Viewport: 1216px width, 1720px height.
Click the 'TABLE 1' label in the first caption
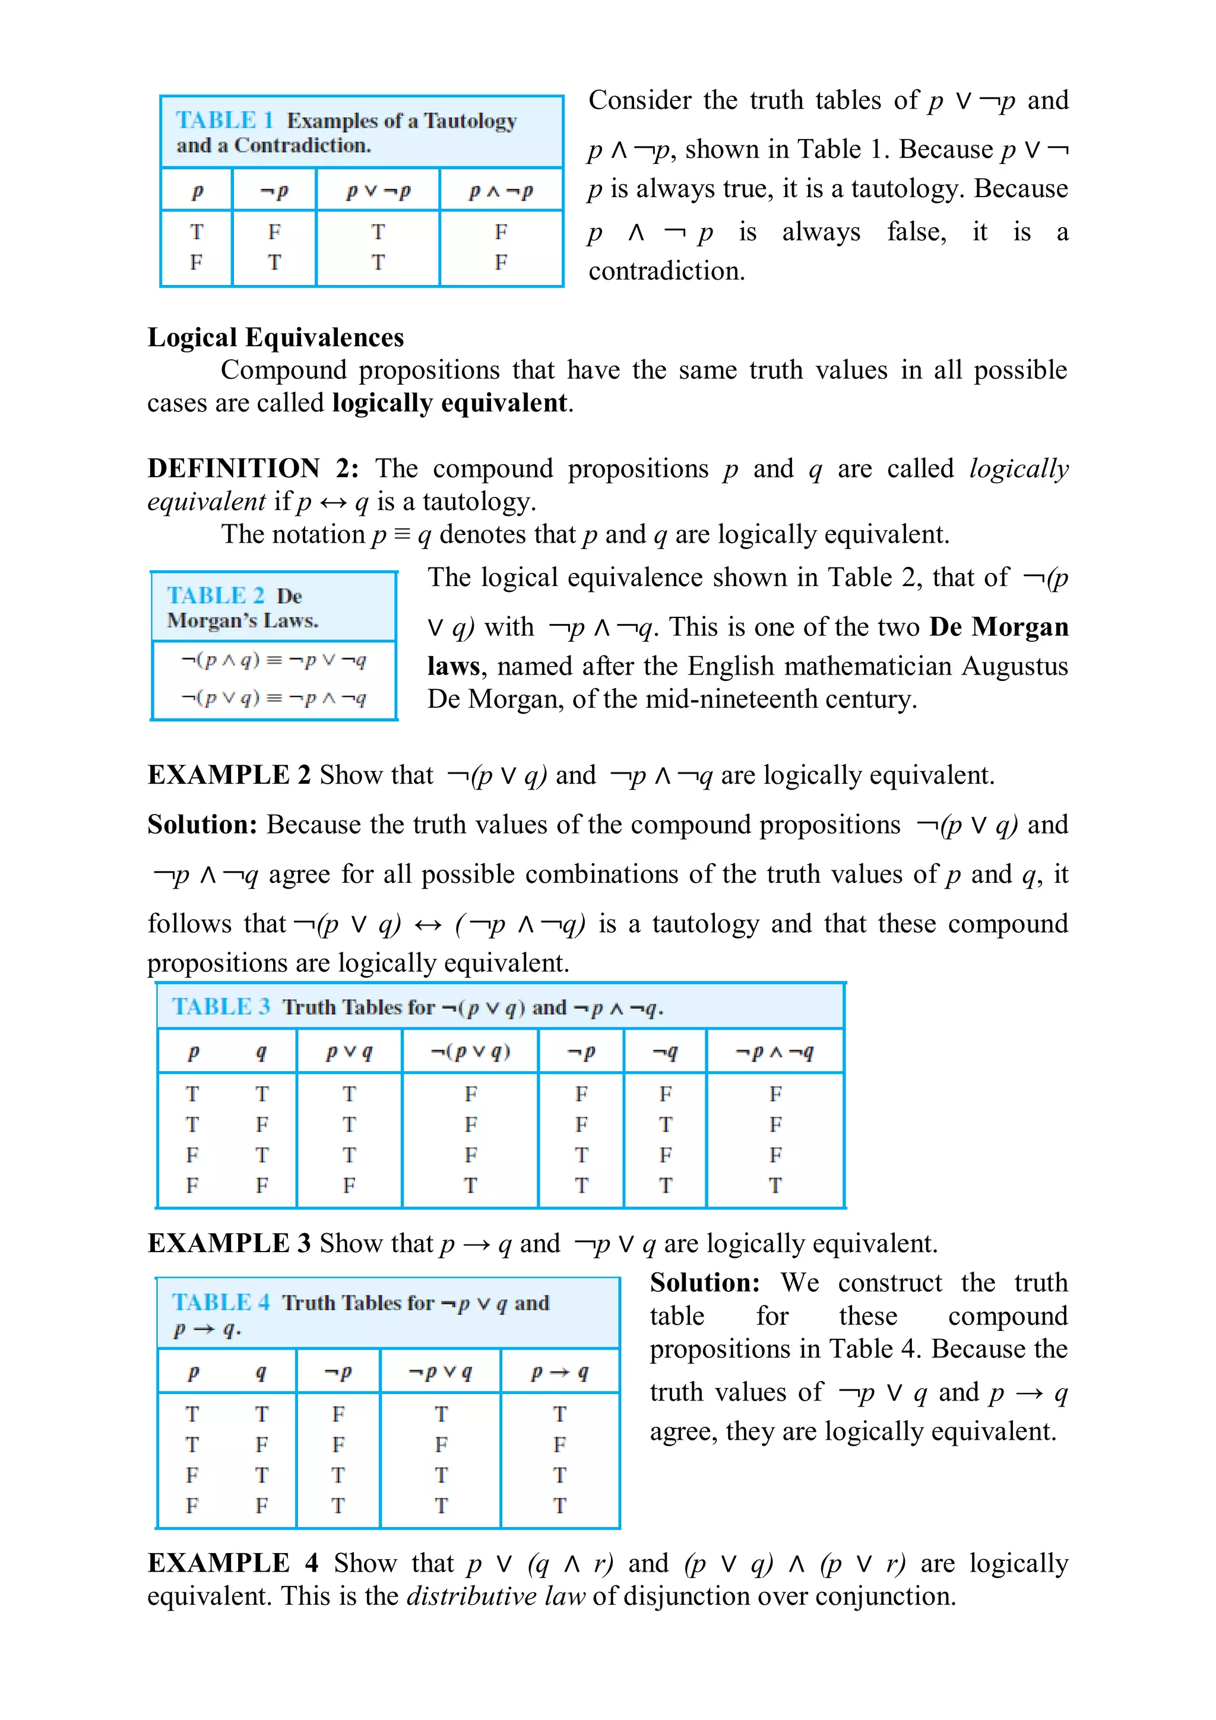point(223,121)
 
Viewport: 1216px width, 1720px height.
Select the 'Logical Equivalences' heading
point(275,338)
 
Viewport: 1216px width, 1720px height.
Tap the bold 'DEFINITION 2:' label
point(252,469)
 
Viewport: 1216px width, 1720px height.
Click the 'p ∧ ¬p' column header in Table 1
point(501,192)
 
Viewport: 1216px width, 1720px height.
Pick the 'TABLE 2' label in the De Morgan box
point(215,595)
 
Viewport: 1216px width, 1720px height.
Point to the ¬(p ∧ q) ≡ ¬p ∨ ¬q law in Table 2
point(274,661)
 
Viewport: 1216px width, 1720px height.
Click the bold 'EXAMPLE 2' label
point(229,775)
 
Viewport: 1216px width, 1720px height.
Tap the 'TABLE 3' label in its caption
point(220,1007)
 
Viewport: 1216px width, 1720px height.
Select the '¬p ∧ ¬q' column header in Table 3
point(774,1053)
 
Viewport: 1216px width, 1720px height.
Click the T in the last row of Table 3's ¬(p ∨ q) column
point(470,1186)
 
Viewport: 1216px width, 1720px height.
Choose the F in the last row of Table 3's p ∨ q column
point(349,1186)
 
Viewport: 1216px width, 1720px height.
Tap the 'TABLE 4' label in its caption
point(220,1303)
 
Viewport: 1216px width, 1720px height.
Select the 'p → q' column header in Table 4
point(559,1373)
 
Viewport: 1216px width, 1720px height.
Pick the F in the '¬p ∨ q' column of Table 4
point(441,1445)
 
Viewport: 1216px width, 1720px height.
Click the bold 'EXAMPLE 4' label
point(232,1563)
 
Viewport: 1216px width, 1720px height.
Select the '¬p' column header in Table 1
point(274,192)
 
